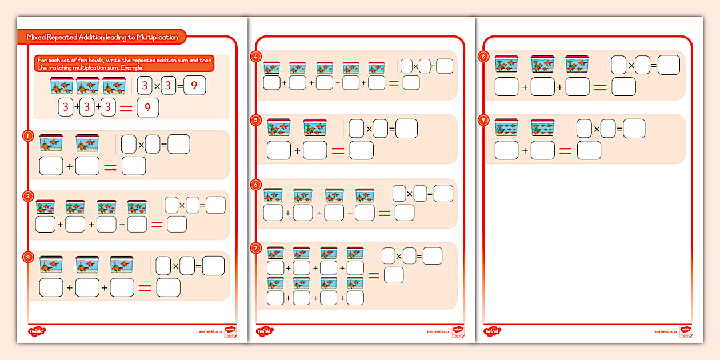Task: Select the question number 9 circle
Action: [x=485, y=120]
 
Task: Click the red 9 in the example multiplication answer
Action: [x=194, y=86]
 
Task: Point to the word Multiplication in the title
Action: [x=158, y=37]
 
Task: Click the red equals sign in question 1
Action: [x=110, y=167]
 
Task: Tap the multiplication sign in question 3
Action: [x=176, y=266]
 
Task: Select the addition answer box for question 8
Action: [x=623, y=87]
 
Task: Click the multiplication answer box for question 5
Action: [x=407, y=129]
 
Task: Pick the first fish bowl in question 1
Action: [x=51, y=143]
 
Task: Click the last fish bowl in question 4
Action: [x=376, y=68]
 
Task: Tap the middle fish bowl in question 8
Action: [x=542, y=63]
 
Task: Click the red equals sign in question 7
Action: [x=374, y=275]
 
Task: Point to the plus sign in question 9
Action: [x=525, y=151]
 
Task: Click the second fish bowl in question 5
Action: [x=315, y=127]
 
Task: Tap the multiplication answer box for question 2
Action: [x=215, y=205]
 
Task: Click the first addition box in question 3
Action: [x=51, y=287]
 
